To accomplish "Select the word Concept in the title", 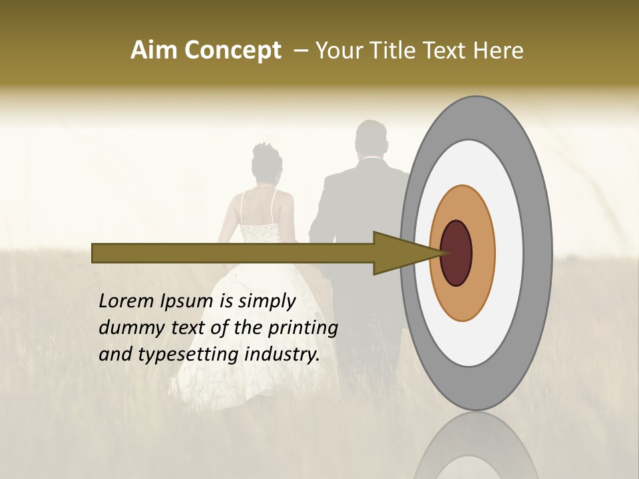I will (x=232, y=51).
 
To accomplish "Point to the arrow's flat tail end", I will (x=93, y=253).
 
